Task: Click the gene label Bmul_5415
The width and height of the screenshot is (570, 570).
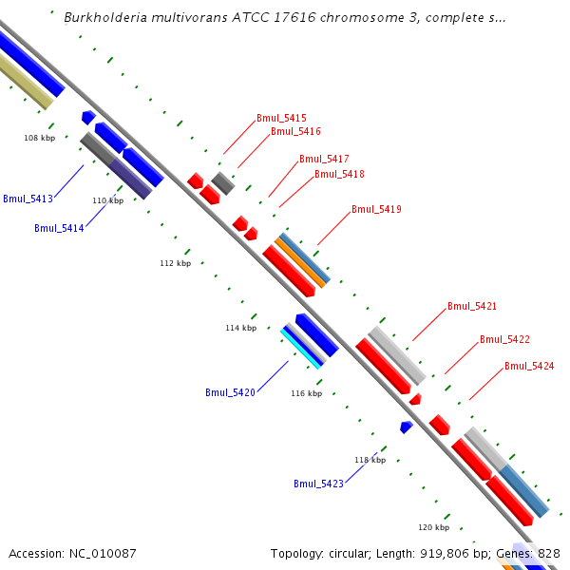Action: coord(281,118)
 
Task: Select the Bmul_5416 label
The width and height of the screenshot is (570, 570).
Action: coord(295,131)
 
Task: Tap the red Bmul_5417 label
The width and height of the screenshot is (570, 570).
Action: coord(324,159)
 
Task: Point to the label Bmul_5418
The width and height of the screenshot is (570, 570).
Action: coord(339,174)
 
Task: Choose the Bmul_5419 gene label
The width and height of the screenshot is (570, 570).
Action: coord(376,209)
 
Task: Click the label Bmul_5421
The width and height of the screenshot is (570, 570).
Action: coord(472,306)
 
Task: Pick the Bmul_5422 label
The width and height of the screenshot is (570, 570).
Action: coord(504,339)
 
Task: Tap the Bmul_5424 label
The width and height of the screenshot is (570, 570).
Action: coord(529,366)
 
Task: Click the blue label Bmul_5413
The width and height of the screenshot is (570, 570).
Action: coord(28,199)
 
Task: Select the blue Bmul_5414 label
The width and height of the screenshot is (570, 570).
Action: coord(59,228)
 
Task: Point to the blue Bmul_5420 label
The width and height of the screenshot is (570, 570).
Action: coord(230,392)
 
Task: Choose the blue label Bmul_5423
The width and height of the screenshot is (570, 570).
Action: coord(318,484)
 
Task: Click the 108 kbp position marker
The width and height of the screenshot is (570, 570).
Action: coord(39,138)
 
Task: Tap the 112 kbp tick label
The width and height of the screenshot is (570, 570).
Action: coord(175,263)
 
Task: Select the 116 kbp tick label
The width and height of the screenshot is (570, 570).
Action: coord(306,393)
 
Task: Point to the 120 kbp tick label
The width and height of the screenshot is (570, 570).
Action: coord(433,526)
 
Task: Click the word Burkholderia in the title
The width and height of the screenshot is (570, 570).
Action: coord(104,17)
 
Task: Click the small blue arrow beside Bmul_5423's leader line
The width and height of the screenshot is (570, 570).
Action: coord(406,427)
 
